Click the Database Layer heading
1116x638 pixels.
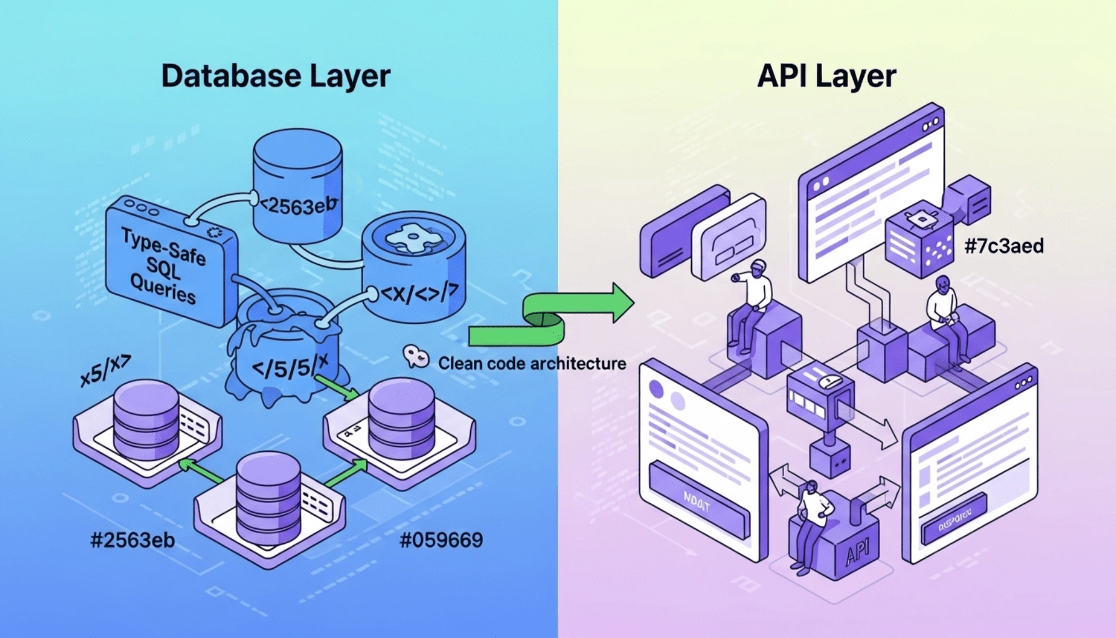[275, 76]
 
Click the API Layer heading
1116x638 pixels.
[826, 76]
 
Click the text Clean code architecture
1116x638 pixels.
[532, 363]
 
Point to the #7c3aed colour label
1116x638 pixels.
[1004, 246]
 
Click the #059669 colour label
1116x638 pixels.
[441, 540]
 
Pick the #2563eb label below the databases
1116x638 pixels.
[133, 540]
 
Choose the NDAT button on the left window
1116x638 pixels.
[697, 502]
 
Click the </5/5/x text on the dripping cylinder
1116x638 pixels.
[290, 368]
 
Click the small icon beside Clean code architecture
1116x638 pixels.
[415, 357]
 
